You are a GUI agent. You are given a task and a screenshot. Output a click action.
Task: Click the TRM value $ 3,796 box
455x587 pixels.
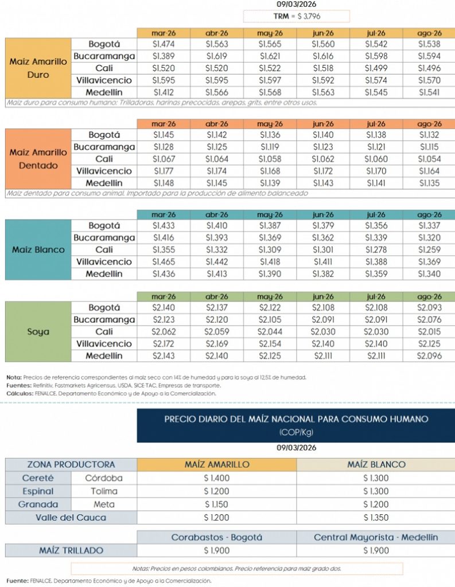[x=296, y=16]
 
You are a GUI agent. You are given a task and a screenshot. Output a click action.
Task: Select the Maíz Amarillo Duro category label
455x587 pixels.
[x=38, y=68]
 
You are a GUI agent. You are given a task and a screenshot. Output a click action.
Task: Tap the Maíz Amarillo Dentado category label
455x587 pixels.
[x=38, y=159]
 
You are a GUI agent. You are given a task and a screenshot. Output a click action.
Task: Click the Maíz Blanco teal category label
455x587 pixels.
[x=38, y=250]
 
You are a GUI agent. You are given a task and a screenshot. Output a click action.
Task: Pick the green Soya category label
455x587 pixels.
[x=38, y=332]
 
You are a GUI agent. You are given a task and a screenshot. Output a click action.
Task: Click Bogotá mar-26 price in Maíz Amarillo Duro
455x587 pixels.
[x=164, y=44]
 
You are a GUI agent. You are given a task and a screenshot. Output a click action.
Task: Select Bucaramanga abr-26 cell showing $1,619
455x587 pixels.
[x=217, y=56]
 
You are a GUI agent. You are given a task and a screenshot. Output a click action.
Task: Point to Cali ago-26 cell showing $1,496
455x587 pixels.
[x=429, y=68]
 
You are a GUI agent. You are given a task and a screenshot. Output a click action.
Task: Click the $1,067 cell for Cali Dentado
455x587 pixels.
[x=164, y=159]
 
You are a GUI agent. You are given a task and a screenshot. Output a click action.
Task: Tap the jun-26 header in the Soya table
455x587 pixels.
[x=323, y=296]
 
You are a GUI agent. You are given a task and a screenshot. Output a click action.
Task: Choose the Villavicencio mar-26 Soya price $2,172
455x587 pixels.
[x=164, y=344]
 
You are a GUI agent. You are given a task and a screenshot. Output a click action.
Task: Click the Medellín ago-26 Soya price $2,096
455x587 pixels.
[x=429, y=356]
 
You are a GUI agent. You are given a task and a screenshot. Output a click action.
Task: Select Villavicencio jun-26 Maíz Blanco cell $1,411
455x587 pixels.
[x=323, y=262]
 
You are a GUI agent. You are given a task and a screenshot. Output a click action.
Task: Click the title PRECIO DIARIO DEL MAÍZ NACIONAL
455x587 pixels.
[x=296, y=419]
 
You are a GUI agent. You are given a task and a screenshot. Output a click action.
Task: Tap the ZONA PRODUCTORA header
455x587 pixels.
[x=71, y=464]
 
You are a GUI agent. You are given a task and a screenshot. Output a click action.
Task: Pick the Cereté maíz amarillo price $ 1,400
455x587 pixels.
[x=217, y=478]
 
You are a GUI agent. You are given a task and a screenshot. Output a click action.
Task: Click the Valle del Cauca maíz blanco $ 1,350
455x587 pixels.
[x=376, y=518]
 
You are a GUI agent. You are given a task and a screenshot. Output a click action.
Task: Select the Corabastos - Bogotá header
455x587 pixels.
[x=217, y=537]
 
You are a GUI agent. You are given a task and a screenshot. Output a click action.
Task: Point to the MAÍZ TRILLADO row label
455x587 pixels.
[x=71, y=550]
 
